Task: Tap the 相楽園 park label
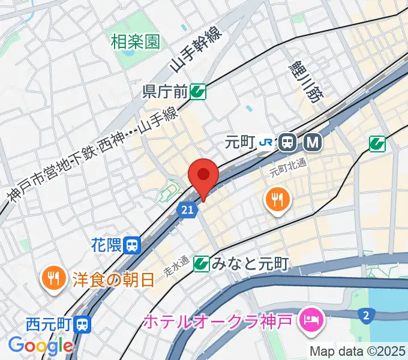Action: pyautogui.click(x=136, y=42)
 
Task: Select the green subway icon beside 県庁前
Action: pyautogui.click(x=198, y=92)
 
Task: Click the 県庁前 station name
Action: pyautogui.click(x=165, y=92)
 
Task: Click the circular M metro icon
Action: pyautogui.click(x=313, y=142)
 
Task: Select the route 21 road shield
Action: pyautogui.click(x=187, y=209)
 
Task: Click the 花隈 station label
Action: pyautogui.click(x=107, y=244)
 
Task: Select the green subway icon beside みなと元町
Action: pyautogui.click(x=202, y=263)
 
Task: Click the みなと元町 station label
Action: pyautogui.click(x=251, y=263)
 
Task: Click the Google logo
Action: pyautogui.click(x=40, y=346)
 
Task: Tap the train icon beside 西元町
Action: pyautogui.click(x=82, y=325)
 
